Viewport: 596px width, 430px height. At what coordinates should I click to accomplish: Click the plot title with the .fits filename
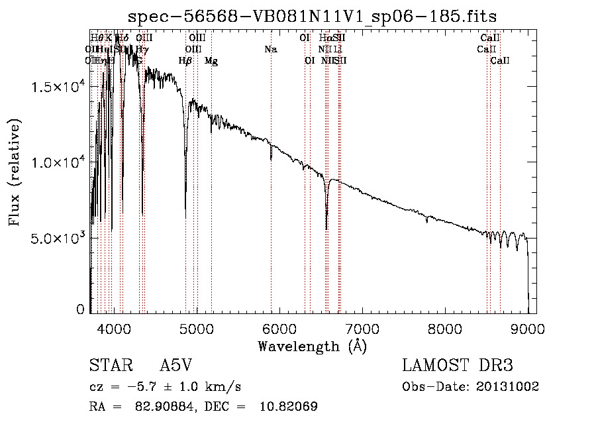point(312,15)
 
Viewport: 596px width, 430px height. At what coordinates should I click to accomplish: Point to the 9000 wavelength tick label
point(528,327)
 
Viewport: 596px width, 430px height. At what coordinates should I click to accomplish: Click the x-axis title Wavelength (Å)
point(312,346)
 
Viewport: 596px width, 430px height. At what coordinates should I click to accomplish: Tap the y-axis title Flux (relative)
point(15,172)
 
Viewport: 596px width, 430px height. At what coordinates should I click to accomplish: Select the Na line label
point(270,49)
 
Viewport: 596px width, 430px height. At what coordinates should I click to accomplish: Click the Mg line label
point(211,61)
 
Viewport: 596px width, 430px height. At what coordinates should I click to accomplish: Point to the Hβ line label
point(185,61)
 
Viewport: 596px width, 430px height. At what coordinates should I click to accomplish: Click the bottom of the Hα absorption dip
point(326,229)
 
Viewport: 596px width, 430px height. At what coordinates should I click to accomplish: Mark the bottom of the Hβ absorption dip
point(185,217)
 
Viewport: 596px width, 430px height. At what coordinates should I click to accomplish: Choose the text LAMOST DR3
point(458,366)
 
